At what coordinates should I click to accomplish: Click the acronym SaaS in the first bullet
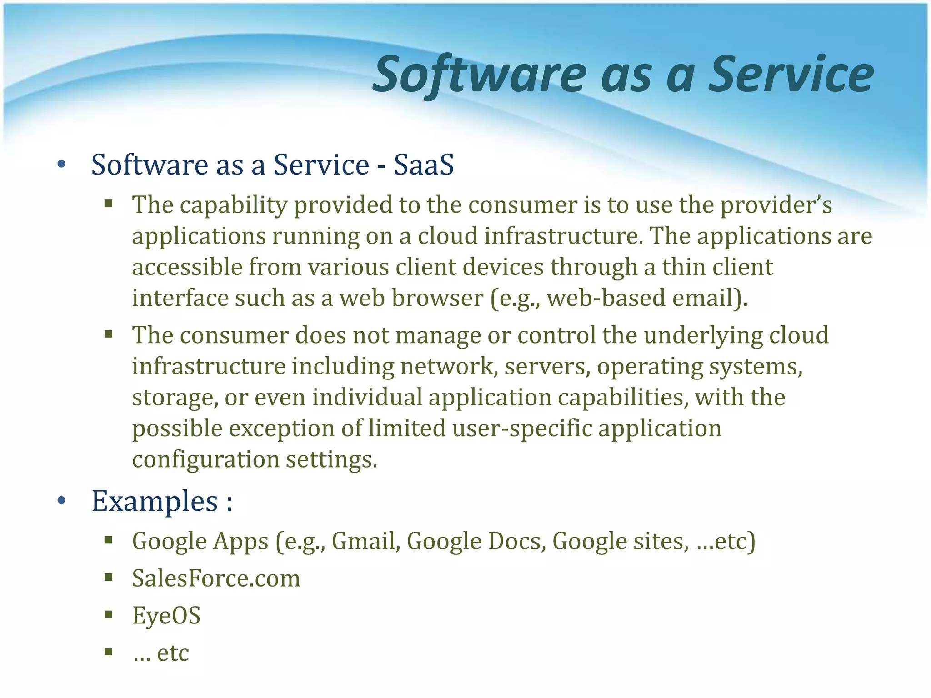(423, 165)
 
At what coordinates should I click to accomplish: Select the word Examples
(155, 502)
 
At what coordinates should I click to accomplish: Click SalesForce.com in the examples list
(216, 578)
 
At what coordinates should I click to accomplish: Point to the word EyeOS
(166, 616)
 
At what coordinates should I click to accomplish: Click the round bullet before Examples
(62, 501)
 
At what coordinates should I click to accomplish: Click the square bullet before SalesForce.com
(108, 578)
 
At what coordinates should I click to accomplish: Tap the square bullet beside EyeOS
(108, 615)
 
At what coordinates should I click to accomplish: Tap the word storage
(171, 398)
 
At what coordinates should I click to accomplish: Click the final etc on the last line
(173, 653)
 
